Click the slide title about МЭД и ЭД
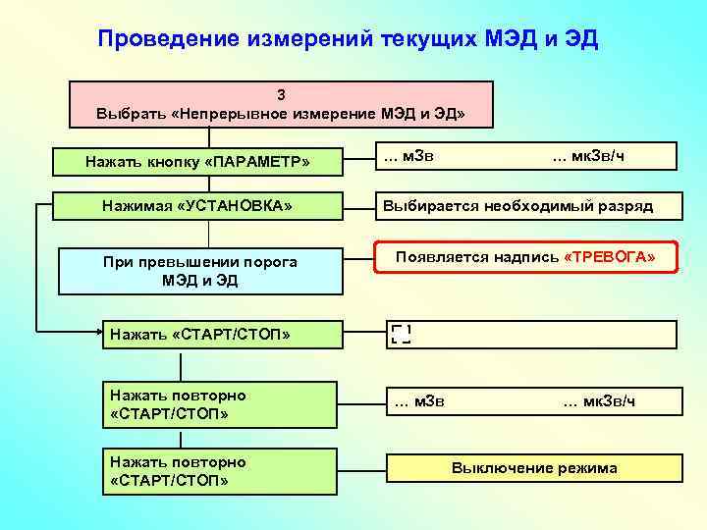348,39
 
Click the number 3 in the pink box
281,95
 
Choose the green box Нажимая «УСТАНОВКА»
197,205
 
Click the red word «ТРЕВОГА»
610,257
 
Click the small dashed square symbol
401,334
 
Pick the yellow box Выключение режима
534,468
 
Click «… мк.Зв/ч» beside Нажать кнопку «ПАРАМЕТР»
588,157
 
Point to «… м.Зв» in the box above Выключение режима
418,399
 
